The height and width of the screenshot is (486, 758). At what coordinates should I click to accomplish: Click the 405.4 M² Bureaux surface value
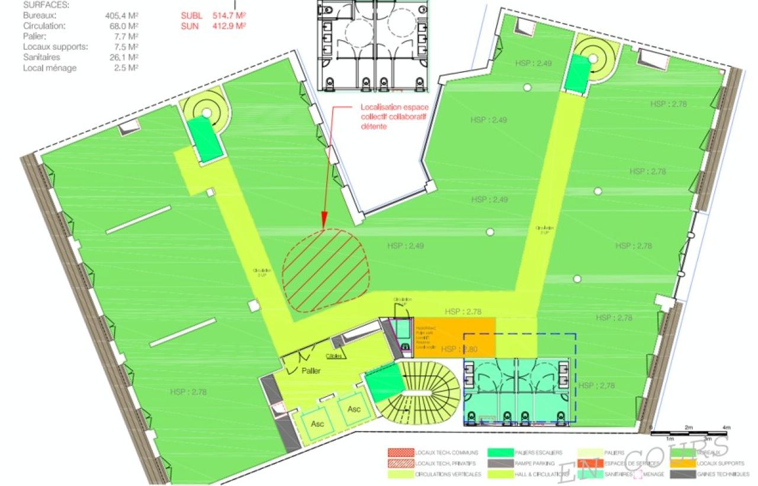coord(121,15)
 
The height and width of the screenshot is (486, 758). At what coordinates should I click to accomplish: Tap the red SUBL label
coord(191,15)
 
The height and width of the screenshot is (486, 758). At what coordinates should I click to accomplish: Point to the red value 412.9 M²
coord(229,25)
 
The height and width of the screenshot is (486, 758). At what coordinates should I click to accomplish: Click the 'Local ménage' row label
coord(50,68)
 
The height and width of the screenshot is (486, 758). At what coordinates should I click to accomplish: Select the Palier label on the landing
coord(310,371)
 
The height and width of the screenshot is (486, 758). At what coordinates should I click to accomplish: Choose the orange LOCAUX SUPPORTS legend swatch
coord(683,464)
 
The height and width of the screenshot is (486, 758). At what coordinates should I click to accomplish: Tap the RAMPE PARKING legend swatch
coord(500,464)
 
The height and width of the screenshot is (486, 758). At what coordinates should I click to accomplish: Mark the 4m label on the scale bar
coord(727,427)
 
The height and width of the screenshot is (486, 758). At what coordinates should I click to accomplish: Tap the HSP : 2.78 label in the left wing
coord(188,391)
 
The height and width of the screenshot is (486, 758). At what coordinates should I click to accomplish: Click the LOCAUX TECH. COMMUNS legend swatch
coord(400,453)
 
